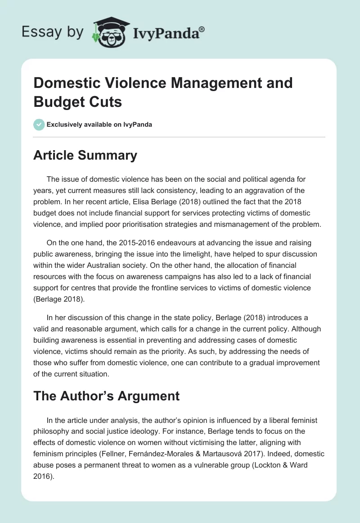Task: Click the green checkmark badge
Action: [39, 124]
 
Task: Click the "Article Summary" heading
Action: [85, 156]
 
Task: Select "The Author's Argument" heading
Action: [106, 396]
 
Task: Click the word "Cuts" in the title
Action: [106, 102]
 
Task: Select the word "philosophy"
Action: [52, 431]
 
